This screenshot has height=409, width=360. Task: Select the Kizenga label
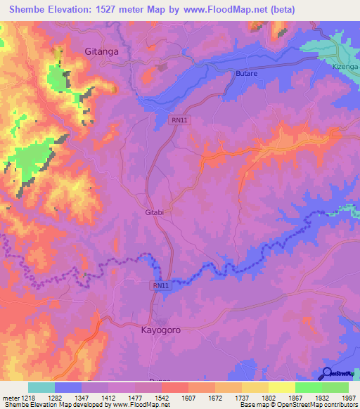click(x=345, y=66)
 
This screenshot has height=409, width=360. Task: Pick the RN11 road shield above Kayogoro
click(x=161, y=285)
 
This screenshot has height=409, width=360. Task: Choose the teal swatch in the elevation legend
click(x=41, y=387)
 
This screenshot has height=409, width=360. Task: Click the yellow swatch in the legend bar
click(x=281, y=387)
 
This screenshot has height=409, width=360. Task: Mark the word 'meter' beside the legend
click(x=10, y=398)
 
